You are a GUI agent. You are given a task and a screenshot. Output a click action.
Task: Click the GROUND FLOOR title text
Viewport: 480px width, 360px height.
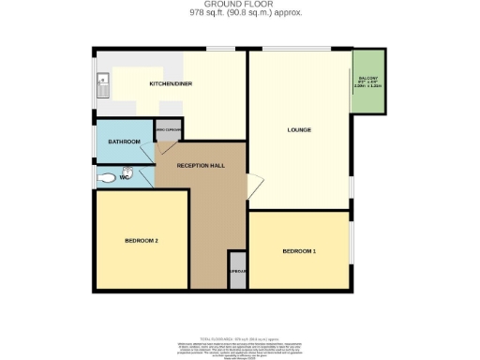click(x=239, y=5)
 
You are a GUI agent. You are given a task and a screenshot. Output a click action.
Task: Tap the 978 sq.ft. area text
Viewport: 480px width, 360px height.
click(x=239, y=14)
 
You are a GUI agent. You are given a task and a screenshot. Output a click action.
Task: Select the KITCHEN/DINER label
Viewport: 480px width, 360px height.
click(x=171, y=84)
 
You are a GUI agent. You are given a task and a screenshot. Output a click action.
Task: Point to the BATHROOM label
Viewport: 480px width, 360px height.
click(x=124, y=142)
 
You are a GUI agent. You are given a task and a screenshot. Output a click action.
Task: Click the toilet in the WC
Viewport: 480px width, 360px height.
click(x=107, y=176)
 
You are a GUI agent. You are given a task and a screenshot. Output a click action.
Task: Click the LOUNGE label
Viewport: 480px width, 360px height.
click(x=299, y=129)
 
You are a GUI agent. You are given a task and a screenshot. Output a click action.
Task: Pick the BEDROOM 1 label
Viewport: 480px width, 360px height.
click(x=299, y=252)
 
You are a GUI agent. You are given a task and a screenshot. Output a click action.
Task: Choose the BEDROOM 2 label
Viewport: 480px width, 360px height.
click(x=141, y=241)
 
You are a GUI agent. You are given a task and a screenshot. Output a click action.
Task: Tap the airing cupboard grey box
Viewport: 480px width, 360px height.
click(x=169, y=131)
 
